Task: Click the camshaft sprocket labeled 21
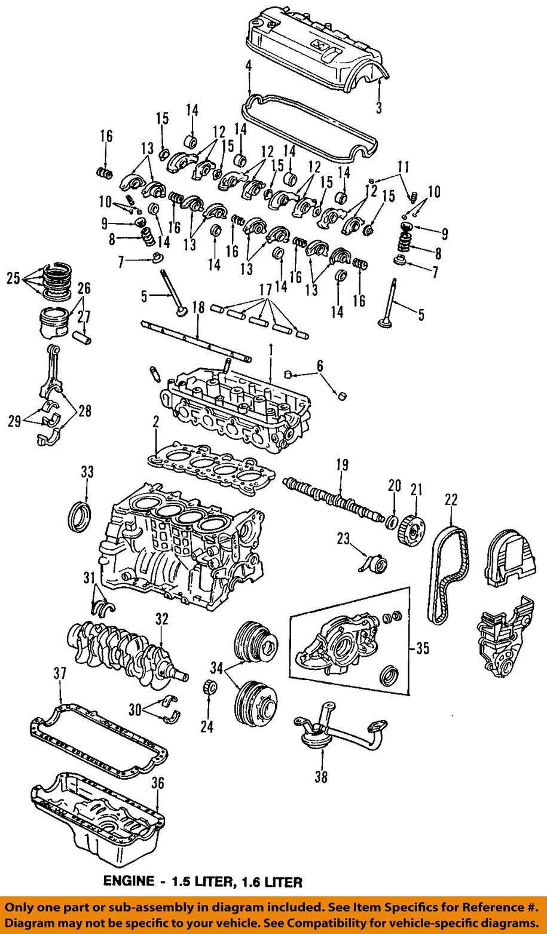[x=412, y=528]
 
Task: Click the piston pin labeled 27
[x=83, y=336]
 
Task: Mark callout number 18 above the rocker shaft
[x=198, y=308]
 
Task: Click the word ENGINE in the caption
[x=129, y=881]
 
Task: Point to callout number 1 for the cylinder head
[x=270, y=349]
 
